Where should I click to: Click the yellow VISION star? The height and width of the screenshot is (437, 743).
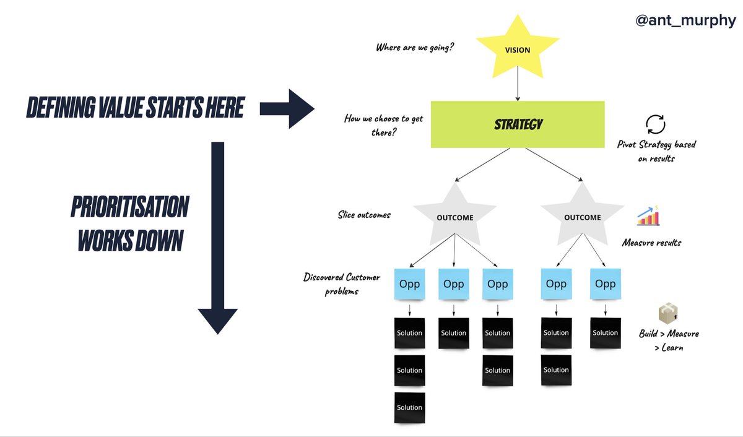coord(517,50)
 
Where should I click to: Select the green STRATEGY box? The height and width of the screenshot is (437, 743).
coord(518,124)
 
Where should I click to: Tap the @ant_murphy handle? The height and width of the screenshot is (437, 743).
coord(685,20)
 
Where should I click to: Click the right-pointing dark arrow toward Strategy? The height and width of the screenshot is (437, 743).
coord(287,109)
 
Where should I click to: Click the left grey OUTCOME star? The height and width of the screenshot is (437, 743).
coord(455,217)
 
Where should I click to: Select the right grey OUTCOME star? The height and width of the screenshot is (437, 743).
coord(582,217)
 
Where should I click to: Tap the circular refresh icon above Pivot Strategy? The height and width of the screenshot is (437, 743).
coord(655,124)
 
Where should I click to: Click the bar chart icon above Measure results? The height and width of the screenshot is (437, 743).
coord(648,217)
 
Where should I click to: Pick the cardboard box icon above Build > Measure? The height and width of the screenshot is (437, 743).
coord(668,314)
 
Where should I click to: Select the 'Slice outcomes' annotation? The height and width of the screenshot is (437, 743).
coord(364,215)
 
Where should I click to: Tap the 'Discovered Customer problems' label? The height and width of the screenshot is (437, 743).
coord(342,283)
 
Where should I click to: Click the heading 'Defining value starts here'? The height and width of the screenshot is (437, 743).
coord(135,109)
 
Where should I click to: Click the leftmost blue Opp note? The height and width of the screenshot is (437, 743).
coord(410,284)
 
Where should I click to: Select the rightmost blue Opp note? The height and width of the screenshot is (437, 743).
coord(605,283)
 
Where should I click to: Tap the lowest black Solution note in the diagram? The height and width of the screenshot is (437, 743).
coord(410,407)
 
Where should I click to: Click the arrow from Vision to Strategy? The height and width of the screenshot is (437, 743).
coord(517,89)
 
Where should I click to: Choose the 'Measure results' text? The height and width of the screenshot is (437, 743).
coord(651,243)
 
